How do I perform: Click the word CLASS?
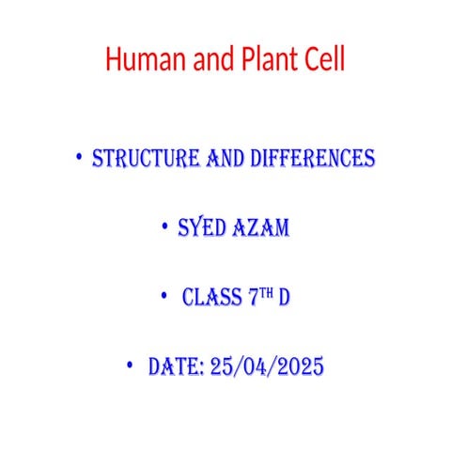[213, 299]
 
